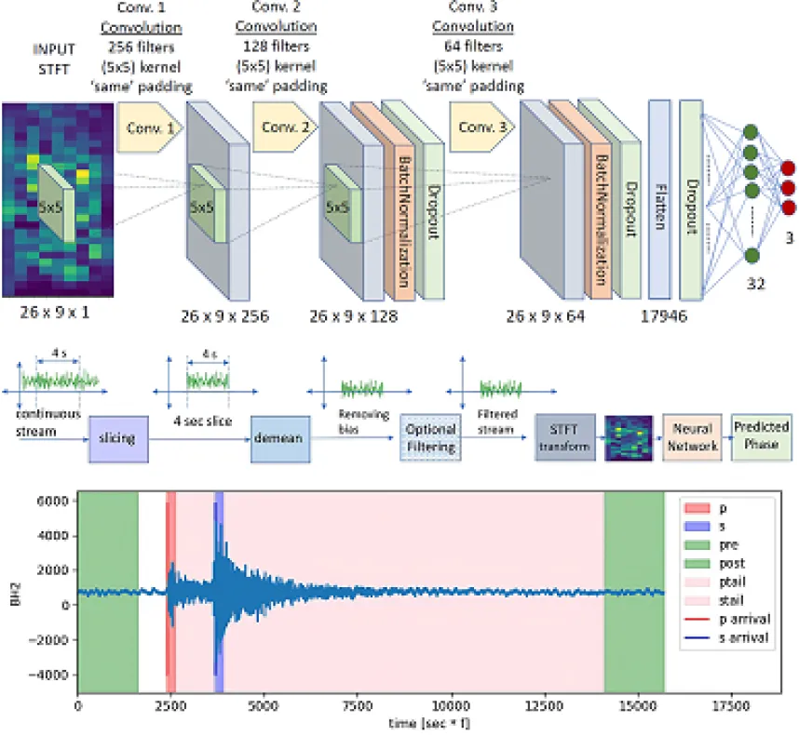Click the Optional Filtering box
[x=431, y=437]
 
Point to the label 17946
[x=663, y=316]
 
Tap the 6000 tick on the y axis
[x=55, y=501]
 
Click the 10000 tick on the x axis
[x=451, y=705]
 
